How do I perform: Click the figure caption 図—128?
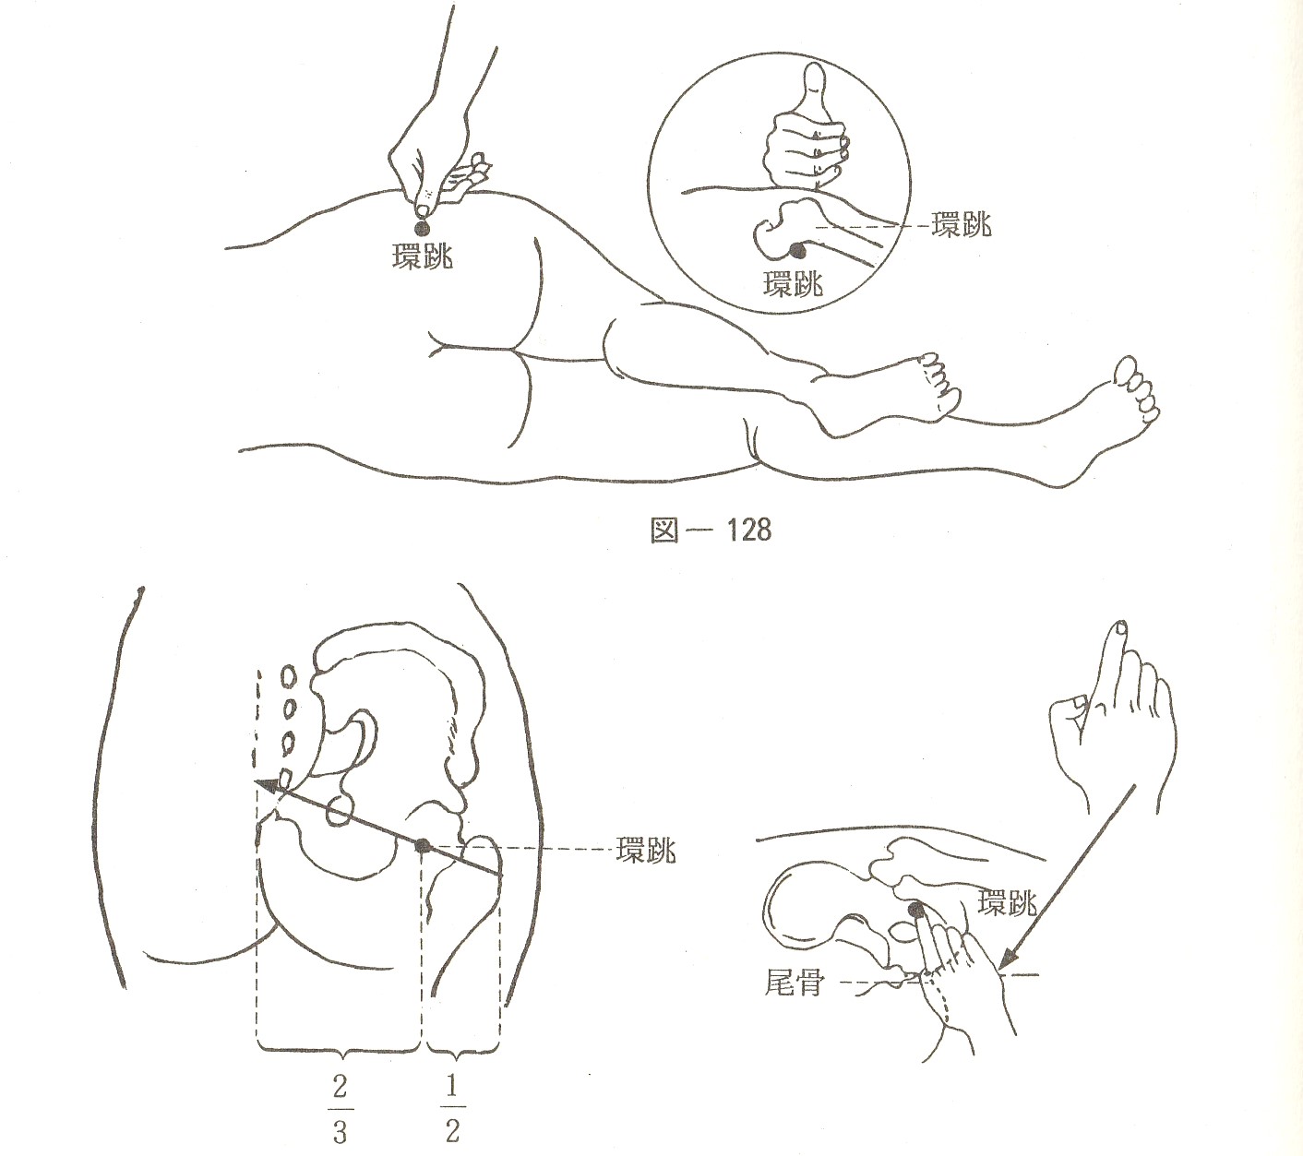711,530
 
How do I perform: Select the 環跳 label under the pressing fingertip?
423,257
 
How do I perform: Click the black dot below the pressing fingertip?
422,228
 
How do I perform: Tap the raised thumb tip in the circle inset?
815,72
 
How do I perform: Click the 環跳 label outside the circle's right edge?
962,225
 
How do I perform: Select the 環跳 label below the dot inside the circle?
793,283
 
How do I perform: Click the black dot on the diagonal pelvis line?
421,846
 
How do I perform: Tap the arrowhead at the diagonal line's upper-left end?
265,783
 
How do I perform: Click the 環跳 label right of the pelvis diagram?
646,850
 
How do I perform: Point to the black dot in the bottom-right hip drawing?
915,911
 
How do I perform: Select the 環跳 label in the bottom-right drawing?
1007,903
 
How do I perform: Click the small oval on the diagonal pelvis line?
340,811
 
